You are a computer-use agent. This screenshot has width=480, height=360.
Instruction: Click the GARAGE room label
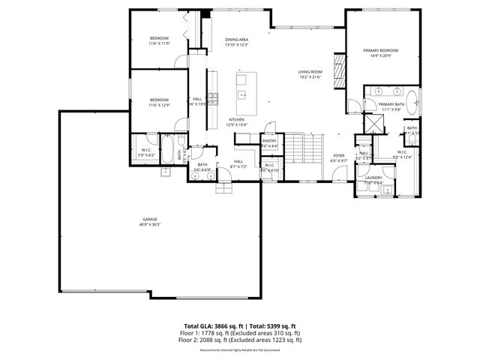(x=150, y=220)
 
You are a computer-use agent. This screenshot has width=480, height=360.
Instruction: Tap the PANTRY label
(x=269, y=140)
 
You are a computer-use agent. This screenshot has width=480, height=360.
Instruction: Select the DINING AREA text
(x=236, y=39)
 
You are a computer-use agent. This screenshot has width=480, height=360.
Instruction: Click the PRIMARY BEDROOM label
(x=380, y=51)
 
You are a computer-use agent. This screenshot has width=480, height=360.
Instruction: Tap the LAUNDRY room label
(x=373, y=178)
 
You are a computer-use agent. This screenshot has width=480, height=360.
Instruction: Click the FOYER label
(x=339, y=155)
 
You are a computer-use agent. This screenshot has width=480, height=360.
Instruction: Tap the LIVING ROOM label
(x=310, y=72)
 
